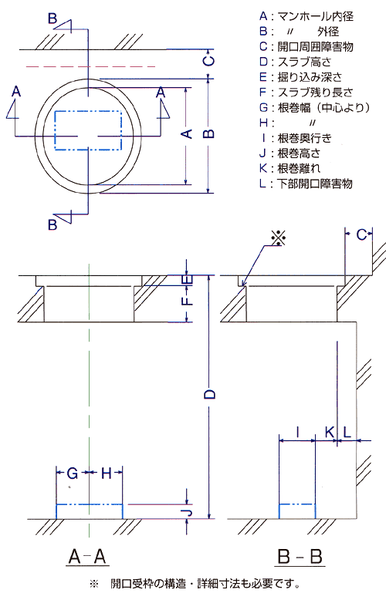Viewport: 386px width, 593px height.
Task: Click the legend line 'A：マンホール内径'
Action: click(306, 16)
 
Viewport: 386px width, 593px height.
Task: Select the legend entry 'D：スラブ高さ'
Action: click(295, 62)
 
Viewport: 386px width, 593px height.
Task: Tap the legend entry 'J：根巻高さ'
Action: click(289, 153)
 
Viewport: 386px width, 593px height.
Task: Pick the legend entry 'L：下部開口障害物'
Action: click(306, 184)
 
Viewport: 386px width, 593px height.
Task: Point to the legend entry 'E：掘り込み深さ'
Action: click(301, 77)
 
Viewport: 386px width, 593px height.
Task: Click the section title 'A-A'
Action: click(87, 556)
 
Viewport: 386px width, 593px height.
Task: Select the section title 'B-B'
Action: click(300, 557)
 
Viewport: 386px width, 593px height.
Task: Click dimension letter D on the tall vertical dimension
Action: click(209, 394)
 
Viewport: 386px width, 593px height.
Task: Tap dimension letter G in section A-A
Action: click(73, 473)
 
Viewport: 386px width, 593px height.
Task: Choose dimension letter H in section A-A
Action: click(107, 473)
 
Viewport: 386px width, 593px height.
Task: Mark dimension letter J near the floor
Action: click(188, 512)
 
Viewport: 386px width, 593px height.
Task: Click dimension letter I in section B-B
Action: click(297, 432)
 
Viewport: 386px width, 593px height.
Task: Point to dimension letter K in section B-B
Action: click(330, 432)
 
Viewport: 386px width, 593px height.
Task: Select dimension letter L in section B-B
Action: click(347, 432)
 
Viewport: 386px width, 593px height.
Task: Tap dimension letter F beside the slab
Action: click(188, 299)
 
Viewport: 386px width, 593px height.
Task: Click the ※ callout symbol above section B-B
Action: click(278, 238)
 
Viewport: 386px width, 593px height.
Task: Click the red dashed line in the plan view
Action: click(91, 67)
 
